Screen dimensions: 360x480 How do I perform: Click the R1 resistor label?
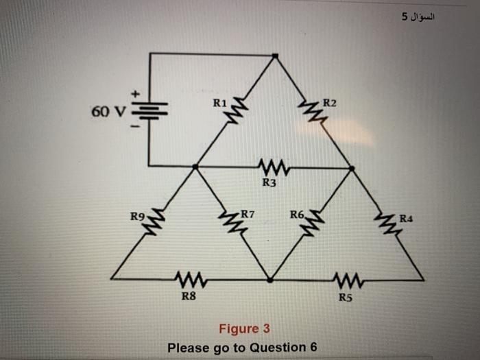[219, 104]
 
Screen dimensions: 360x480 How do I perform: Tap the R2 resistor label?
[330, 104]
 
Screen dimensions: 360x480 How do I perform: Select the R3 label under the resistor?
[269, 182]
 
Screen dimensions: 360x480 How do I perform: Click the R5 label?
[346, 297]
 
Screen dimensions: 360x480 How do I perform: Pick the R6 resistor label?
[297, 215]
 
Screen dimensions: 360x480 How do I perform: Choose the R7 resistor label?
[248, 215]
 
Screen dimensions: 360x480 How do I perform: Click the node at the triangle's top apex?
[275, 55]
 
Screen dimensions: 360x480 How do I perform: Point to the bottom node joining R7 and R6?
[270, 280]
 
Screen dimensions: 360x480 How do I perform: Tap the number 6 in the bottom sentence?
[313, 347]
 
